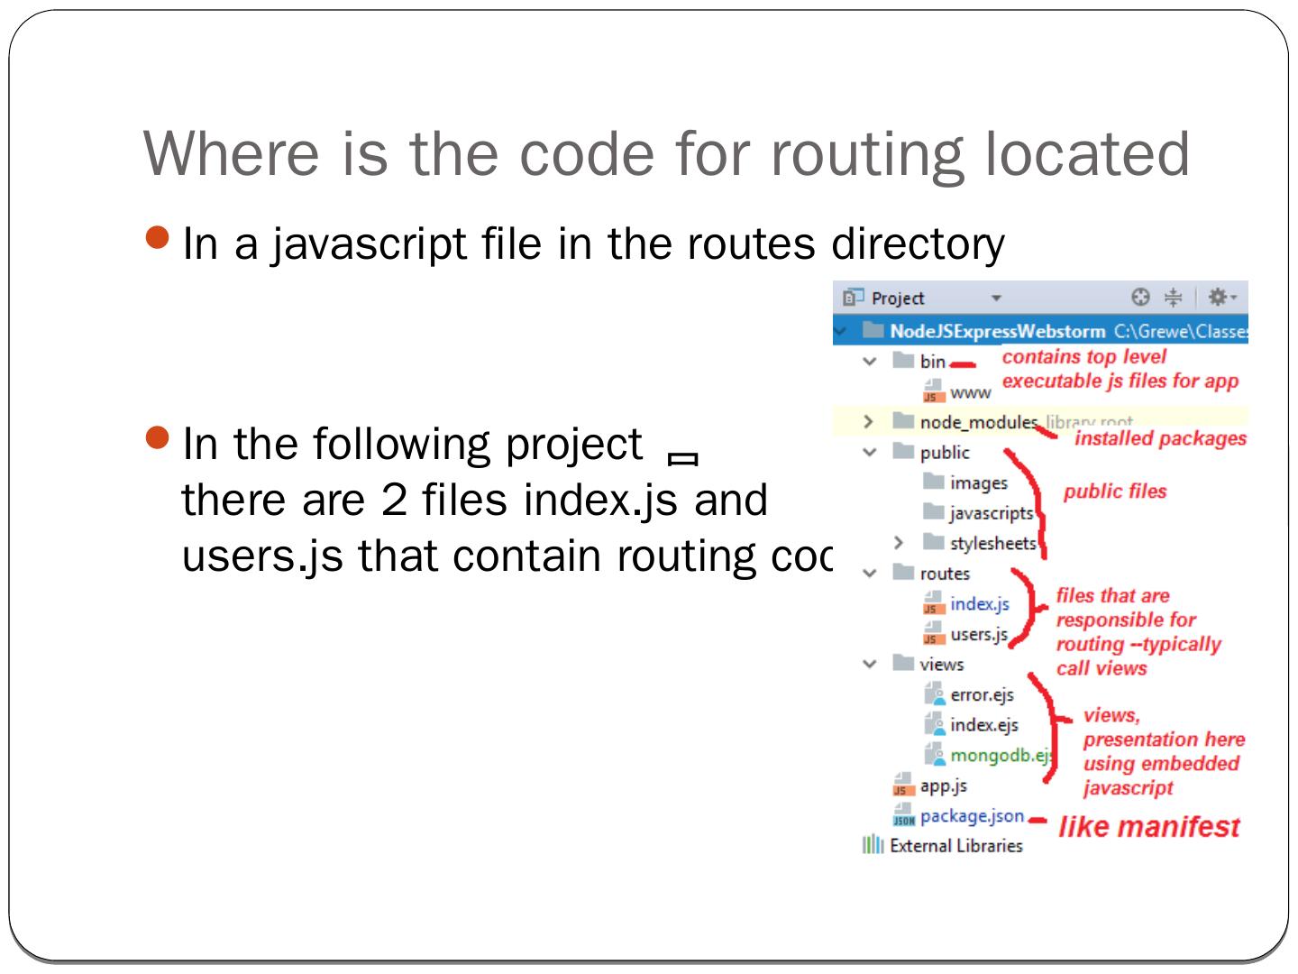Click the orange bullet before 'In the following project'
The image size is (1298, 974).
[157, 439]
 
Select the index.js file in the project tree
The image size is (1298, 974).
[979, 604]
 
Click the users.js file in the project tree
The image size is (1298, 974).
[978, 635]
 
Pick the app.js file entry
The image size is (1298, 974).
[943, 786]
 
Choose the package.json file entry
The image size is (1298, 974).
[971, 816]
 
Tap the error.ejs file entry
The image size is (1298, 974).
[982, 695]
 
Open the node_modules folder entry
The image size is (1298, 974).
[978, 422]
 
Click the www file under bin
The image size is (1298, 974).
[970, 392]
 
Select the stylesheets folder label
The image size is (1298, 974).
[992, 544]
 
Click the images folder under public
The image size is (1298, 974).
[978, 483]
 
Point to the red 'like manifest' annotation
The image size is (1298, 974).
[1149, 827]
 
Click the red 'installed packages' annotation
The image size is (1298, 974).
[1160, 439]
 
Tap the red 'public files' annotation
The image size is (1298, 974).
[1115, 492]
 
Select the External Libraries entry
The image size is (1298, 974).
[955, 846]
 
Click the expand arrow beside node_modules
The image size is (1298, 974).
[868, 422]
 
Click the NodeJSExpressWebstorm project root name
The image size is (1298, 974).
[997, 331]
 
